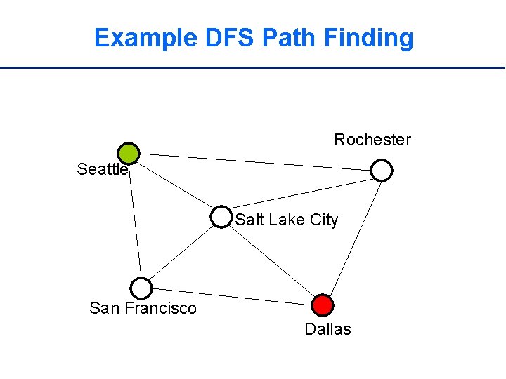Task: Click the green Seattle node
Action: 129,153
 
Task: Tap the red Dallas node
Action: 322,305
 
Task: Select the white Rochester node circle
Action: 381,170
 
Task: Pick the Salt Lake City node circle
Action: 221,217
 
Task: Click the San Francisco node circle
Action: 141,288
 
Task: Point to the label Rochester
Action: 372,140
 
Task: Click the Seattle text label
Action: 102,169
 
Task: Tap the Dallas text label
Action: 327,329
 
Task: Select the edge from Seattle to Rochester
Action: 255,161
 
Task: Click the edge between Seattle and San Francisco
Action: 135,220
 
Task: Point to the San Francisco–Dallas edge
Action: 232,296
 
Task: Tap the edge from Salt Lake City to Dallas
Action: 271,260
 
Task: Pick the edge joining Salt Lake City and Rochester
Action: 301,193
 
